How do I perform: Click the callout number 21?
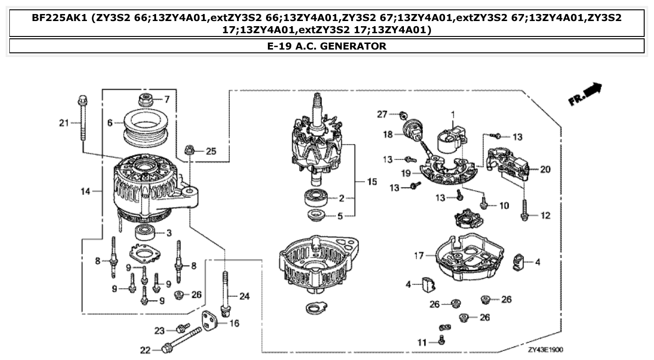pos(63,123)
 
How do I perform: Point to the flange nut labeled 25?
pos(190,151)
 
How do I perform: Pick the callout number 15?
pos(371,181)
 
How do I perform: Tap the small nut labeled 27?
pos(402,115)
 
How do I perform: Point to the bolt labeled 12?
pos(525,210)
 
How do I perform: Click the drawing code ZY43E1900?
pos(545,349)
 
